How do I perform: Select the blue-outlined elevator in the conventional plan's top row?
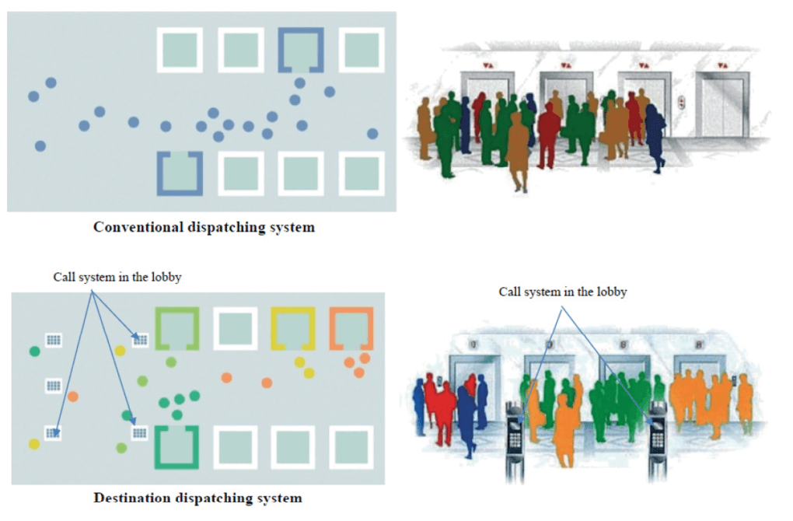[x=301, y=50]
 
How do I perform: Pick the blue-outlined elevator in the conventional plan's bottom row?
[x=180, y=172]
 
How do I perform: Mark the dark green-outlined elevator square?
[x=176, y=446]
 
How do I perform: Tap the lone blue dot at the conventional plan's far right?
[x=372, y=134]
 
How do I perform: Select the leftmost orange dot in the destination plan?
[x=73, y=397]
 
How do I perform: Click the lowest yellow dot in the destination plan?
[x=34, y=444]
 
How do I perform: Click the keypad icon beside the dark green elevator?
[x=140, y=432]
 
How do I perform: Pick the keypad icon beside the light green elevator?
[x=140, y=338]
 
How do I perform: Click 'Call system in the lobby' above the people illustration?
[x=562, y=292]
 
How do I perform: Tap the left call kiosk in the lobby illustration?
[x=515, y=435]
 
